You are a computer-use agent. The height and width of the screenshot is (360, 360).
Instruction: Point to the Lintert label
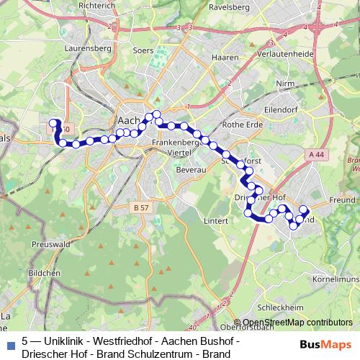pyautogui.click(x=216, y=220)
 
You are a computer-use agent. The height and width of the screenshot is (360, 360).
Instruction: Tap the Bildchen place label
pyautogui.click(x=43, y=274)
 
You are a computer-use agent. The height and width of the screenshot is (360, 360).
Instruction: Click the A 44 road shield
pyautogui.click(x=315, y=155)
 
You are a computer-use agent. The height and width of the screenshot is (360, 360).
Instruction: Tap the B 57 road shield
pyautogui.click(x=142, y=207)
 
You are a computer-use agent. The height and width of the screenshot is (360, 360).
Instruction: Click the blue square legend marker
pyautogui.click(x=10, y=344)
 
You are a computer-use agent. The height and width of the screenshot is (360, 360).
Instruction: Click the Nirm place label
pyautogui.click(x=287, y=83)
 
